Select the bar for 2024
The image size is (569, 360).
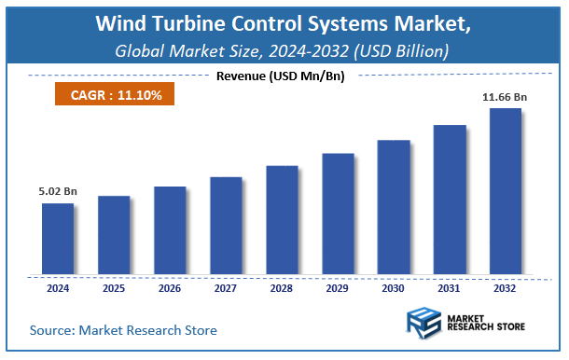[58, 239]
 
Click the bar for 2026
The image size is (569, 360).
[170, 230]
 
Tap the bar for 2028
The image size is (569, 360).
[282, 220]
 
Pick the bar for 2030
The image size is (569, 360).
[394, 207]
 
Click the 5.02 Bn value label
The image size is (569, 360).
[58, 191]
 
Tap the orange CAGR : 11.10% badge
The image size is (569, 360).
[109, 94]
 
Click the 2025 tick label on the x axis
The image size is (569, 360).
[114, 288]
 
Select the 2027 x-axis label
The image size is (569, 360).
[226, 288]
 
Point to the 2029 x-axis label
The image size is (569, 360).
[338, 288]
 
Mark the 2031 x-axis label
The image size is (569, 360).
[450, 288]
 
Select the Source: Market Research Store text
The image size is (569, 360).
[123, 329]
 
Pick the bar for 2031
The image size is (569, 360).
[450, 200]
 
